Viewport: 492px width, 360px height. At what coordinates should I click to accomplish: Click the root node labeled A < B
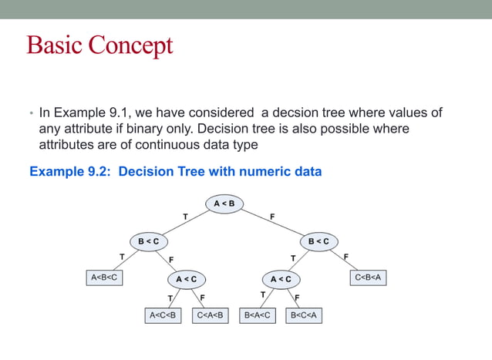224,204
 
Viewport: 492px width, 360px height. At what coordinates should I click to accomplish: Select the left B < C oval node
148,241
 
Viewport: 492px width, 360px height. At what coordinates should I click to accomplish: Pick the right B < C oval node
318,241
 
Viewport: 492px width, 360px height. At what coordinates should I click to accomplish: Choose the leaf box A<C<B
163,315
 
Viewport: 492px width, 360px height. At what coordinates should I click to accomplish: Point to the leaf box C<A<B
211,315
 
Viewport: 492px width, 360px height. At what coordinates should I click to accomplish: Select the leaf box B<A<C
258,315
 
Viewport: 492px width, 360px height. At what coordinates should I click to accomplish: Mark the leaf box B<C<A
303,315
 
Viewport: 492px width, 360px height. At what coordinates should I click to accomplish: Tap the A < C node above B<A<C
281,278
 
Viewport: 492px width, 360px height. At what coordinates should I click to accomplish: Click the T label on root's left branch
184,217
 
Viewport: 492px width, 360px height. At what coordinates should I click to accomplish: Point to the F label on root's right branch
272,217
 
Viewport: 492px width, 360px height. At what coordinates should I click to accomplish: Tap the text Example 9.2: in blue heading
71,171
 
